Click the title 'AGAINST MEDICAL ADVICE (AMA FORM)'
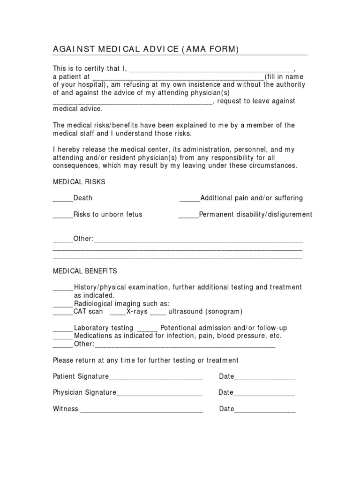click(145, 50)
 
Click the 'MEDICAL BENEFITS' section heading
click(85, 271)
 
